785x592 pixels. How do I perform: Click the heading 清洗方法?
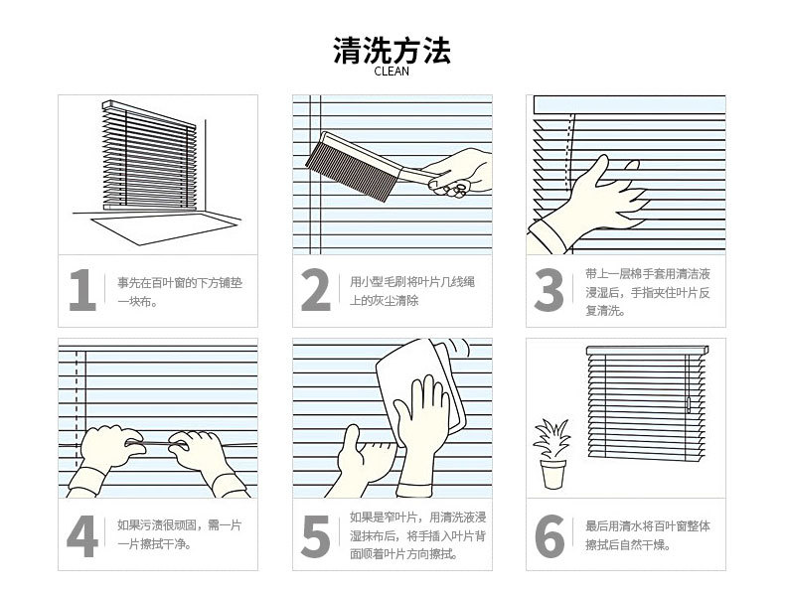[x=392, y=50]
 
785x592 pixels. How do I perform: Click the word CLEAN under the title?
[x=392, y=72]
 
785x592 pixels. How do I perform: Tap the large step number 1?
[x=82, y=290]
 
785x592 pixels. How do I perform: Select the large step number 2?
[x=316, y=290]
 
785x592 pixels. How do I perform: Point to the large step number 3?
[x=549, y=290]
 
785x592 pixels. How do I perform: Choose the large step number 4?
[x=82, y=536]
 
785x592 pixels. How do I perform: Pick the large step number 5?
[x=316, y=536]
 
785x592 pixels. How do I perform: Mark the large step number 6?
[x=549, y=536]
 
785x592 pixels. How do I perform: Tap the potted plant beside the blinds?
[x=552, y=453]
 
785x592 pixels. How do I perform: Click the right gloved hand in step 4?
[x=206, y=458]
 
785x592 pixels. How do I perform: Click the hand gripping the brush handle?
[x=458, y=172]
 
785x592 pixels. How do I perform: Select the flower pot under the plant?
[x=552, y=474]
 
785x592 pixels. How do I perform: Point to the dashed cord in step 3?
[x=570, y=153]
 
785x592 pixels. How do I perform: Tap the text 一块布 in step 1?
[x=132, y=302]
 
